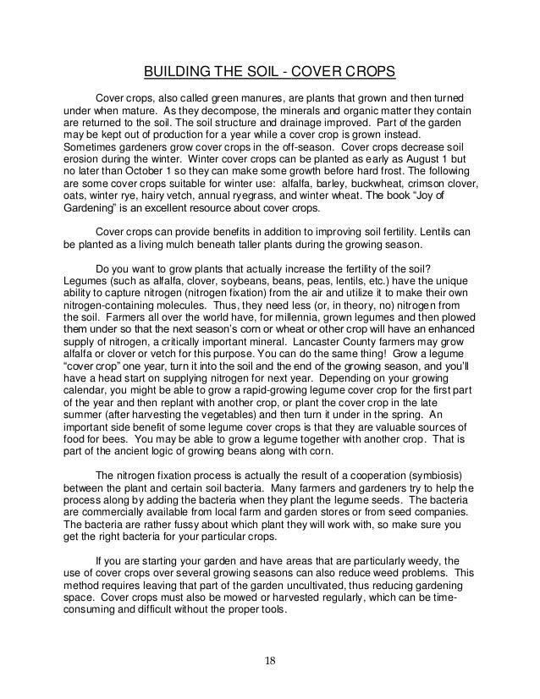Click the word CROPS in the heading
tap(368, 69)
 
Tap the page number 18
tap(269, 660)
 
